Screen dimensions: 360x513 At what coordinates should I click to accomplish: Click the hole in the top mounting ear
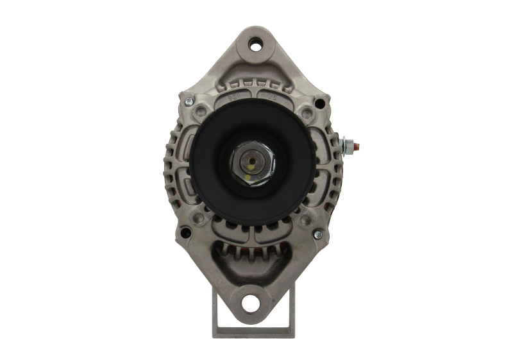256,45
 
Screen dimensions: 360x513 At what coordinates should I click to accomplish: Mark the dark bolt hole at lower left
185,233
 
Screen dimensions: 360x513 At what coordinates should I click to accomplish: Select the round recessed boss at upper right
307,114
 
